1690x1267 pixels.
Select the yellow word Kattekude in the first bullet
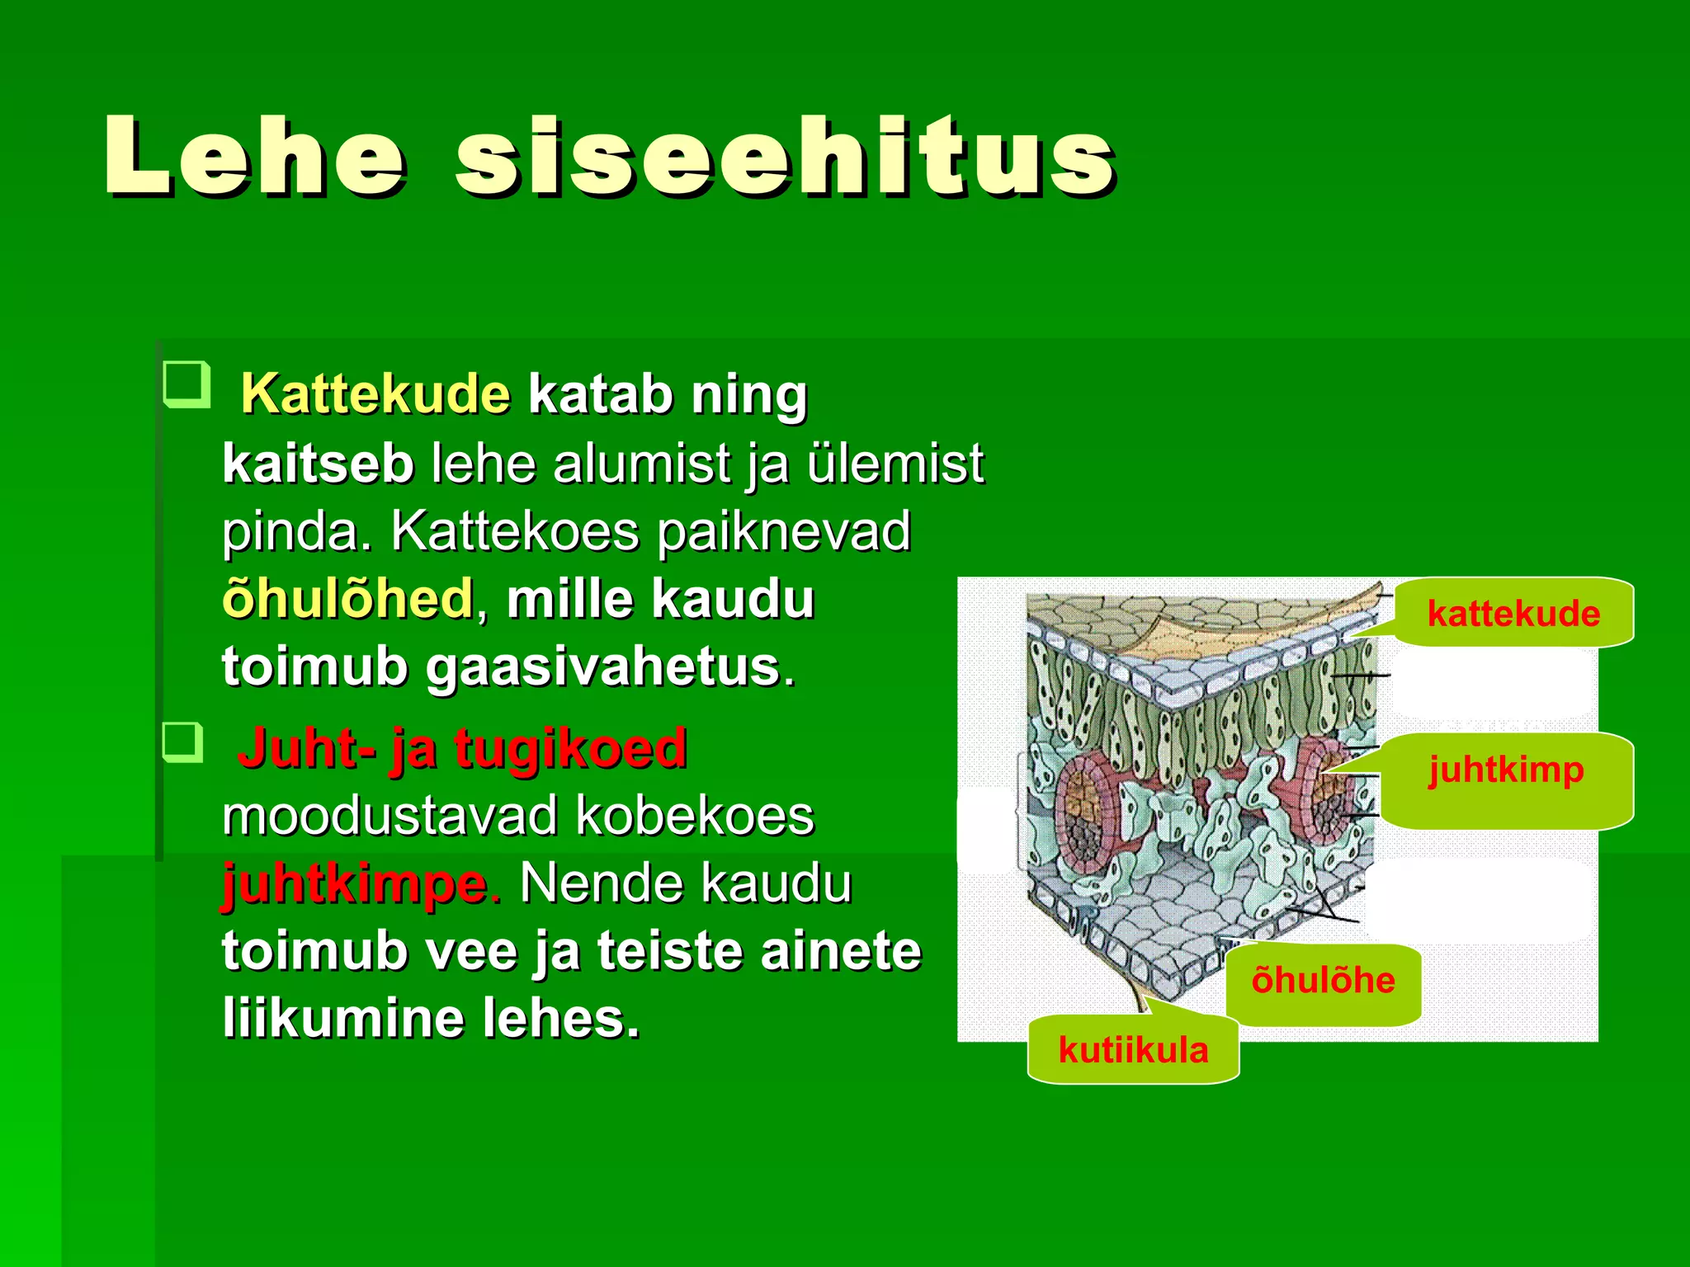(375, 394)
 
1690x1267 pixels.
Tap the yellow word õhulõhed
(347, 599)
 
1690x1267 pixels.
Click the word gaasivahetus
(602, 666)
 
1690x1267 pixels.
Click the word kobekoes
(695, 817)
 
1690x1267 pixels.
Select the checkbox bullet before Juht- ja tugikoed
(182, 742)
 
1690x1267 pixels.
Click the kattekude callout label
(1513, 614)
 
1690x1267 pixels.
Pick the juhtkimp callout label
(1506, 770)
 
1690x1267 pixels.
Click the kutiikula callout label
(1133, 1051)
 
